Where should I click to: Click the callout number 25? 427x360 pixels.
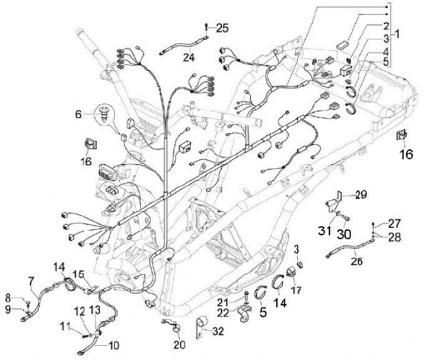click(x=222, y=28)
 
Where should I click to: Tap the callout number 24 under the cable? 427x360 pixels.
click(x=189, y=57)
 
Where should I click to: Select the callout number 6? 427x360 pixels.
click(x=78, y=114)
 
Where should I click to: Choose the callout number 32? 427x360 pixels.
click(x=218, y=331)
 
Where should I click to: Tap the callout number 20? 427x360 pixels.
click(x=180, y=345)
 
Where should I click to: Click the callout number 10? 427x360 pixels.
click(x=113, y=346)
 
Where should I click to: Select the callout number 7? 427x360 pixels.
click(x=32, y=281)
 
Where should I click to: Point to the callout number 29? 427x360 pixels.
click(x=361, y=195)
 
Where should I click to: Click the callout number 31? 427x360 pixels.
click(x=324, y=231)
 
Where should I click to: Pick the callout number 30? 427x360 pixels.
click(x=344, y=234)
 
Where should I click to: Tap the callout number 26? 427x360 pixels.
click(x=357, y=262)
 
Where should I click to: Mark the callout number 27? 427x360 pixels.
click(x=394, y=224)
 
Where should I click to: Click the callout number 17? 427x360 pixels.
click(x=296, y=290)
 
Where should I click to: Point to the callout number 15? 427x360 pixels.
click(x=78, y=275)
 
